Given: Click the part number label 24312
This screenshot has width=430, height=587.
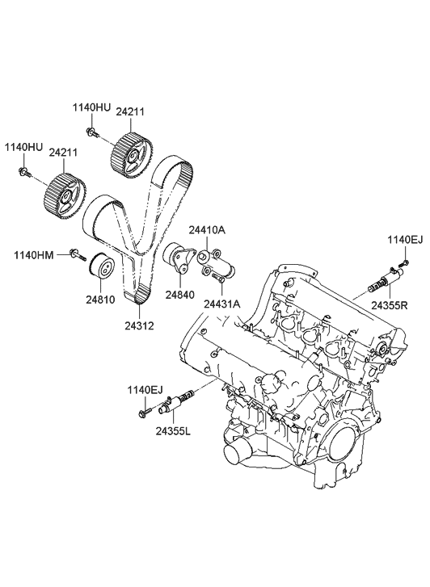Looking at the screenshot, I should [139, 326].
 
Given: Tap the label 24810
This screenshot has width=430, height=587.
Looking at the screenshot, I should [101, 299].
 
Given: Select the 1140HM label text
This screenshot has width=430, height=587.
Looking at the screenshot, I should [34, 255].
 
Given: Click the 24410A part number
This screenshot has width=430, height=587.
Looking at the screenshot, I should [207, 230].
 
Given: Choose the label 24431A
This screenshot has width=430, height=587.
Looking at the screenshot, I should [221, 304].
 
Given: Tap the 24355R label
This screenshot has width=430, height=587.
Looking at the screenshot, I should [390, 305].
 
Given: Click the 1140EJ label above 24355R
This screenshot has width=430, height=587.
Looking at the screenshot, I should [404, 239].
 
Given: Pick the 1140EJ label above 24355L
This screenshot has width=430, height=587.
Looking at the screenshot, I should [145, 390].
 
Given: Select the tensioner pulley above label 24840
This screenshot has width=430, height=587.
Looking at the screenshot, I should [178, 259].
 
